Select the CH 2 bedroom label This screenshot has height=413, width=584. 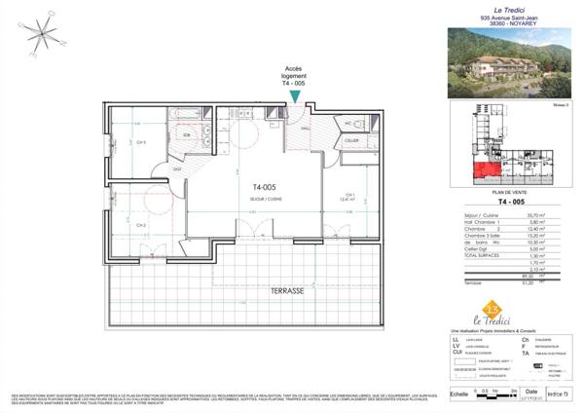tap(141, 225)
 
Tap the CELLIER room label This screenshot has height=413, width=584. tap(351, 142)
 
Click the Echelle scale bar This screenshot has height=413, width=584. tap(494, 394)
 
